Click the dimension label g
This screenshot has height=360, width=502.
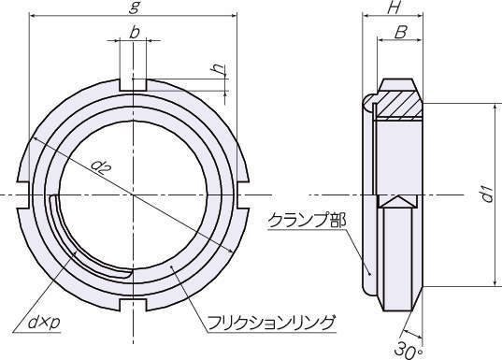click(x=134, y=7)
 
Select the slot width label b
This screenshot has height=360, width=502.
click(x=135, y=33)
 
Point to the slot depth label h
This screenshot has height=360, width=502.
click(x=219, y=69)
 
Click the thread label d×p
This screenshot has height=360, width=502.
click(x=45, y=323)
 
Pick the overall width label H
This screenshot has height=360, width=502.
click(x=394, y=7)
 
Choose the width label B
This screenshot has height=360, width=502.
click(x=400, y=33)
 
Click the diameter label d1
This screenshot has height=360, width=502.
click(x=488, y=194)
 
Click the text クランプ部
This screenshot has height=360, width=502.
click(x=307, y=221)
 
